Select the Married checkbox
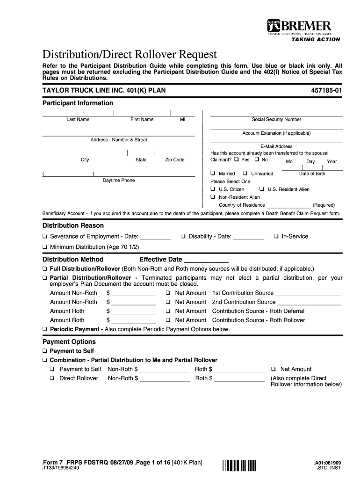[x=213, y=174]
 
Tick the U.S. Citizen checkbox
[x=213, y=189]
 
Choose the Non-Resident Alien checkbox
[x=213, y=197]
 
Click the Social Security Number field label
[x=276, y=119]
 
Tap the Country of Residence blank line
[x=288, y=205]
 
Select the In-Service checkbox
[x=276, y=236]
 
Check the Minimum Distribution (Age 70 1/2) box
[x=45, y=247]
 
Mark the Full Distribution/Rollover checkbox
[x=45, y=269]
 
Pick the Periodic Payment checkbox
[x=45, y=329]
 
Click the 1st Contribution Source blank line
[x=308, y=294]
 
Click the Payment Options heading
[x=69, y=342]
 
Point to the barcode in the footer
[x=240, y=465]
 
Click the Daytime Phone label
[x=119, y=180]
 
